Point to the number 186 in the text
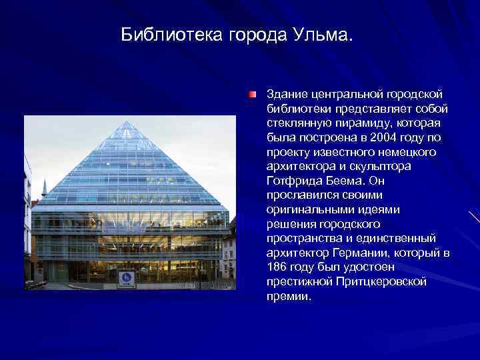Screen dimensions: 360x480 pos(277,267)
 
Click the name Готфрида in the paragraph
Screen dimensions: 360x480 pos(291,181)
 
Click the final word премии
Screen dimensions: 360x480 pos(288,295)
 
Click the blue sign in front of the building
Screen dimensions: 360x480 pos(126,277)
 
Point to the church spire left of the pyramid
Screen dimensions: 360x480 pos(44,187)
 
